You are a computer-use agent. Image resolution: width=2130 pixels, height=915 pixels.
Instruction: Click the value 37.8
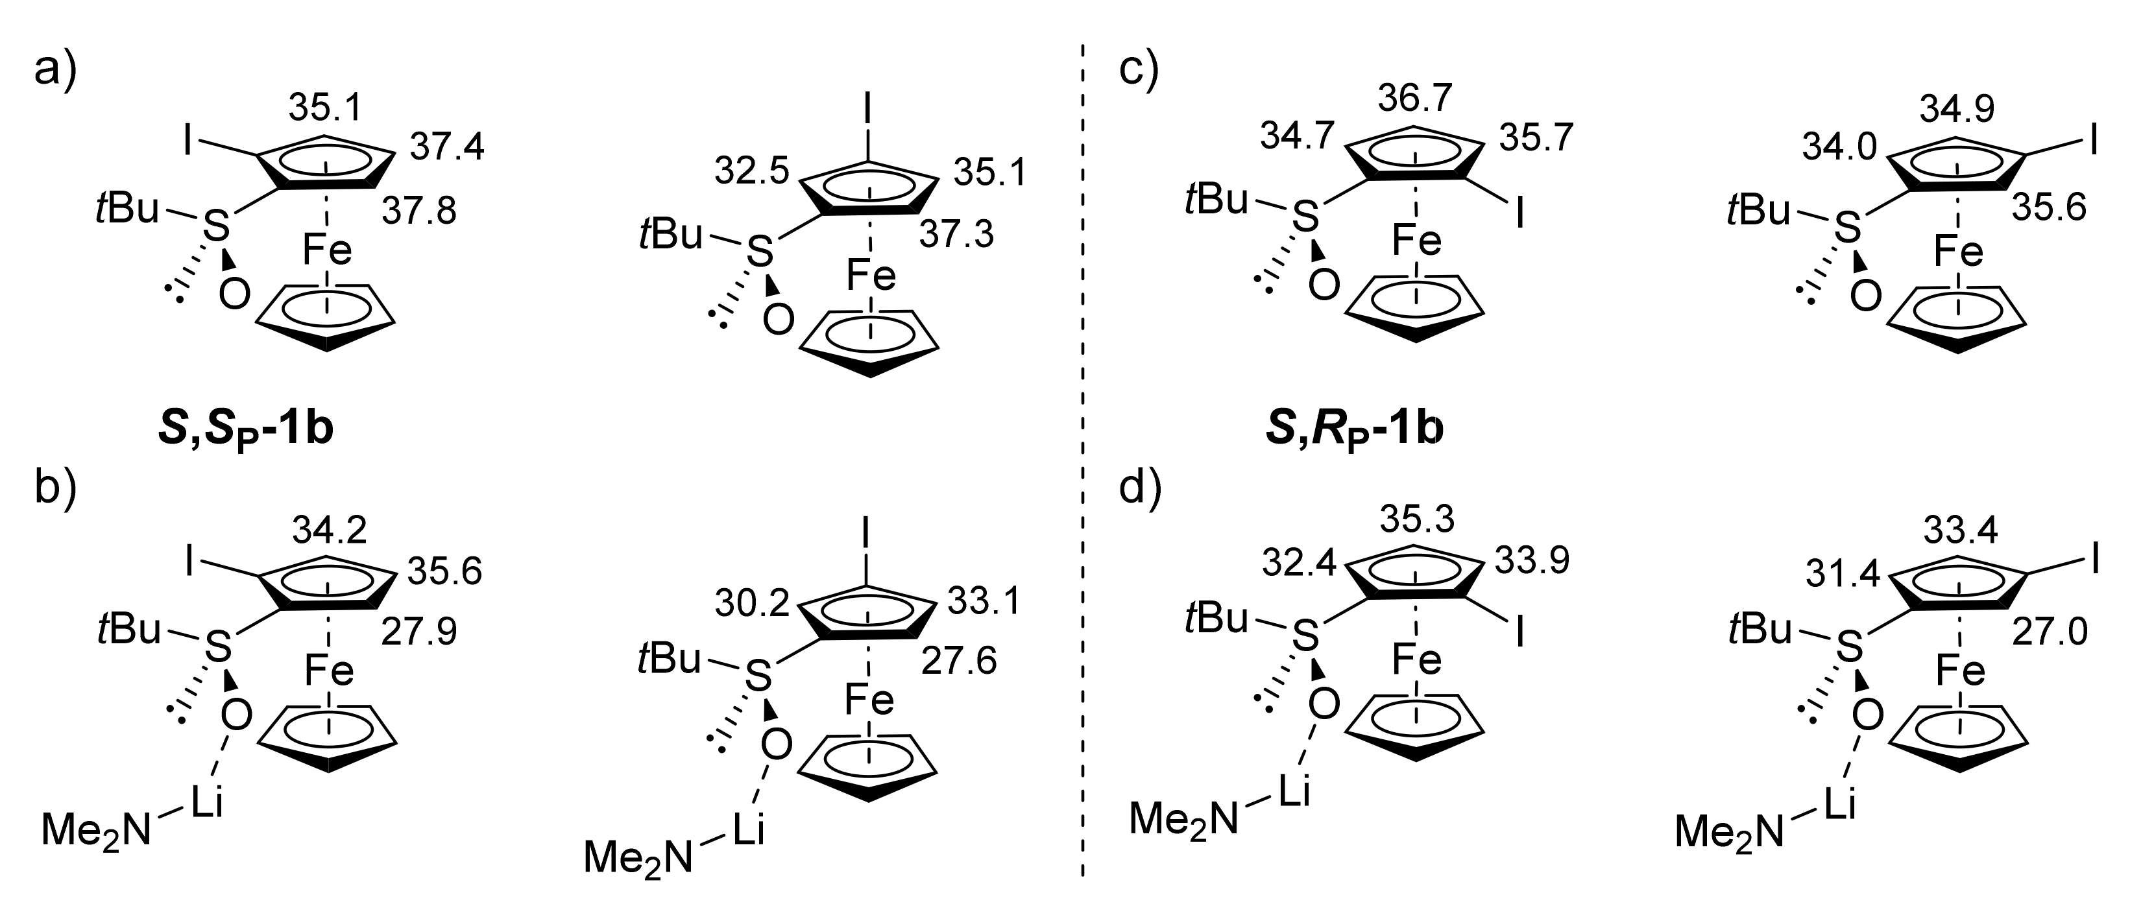pyautogui.click(x=419, y=213)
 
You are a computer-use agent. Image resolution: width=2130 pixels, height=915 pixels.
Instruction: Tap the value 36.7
pyautogui.click(x=1415, y=99)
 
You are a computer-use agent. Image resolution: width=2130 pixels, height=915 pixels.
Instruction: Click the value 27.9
pyautogui.click(x=419, y=633)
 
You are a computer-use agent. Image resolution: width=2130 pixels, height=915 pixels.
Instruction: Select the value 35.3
pyautogui.click(x=1416, y=521)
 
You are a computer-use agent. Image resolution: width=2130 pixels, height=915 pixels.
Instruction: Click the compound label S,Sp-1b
pyautogui.click(x=246, y=431)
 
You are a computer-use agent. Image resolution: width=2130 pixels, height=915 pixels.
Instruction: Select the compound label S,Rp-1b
pyautogui.click(x=1355, y=431)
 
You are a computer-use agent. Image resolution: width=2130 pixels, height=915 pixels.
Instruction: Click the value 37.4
pyautogui.click(x=447, y=148)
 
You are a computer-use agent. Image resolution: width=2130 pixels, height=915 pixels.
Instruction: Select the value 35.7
pyautogui.click(x=1536, y=138)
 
